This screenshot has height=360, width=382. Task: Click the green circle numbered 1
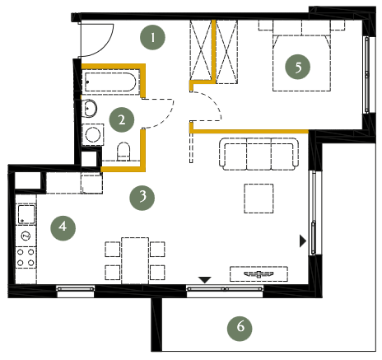click(x=152, y=37)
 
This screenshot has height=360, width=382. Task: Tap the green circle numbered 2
click(x=122, y=119)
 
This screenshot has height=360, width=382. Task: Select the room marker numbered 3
click(x=142, y=198)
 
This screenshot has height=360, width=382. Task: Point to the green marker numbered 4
click(x=63, y=228)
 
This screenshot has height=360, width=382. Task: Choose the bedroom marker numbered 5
click(x=298, y=67)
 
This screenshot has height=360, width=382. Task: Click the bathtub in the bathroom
click(x=110, y=82)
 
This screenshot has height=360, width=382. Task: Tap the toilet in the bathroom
click(x=123, y=152)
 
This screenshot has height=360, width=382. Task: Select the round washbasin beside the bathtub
click(x=89, y=108)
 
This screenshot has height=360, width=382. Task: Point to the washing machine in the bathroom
click(x=93, y=134)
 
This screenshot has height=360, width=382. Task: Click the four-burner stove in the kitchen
click(x=26, y=258)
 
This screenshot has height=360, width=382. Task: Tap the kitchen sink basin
click(x=26, y=214)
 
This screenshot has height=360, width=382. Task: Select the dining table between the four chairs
click(x=135, y=260)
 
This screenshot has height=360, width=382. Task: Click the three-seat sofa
click(x=259, y=154)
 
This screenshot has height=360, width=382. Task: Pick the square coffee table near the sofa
click(x=259, y=199)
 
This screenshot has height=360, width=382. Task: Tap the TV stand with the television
click(x=259, y=274)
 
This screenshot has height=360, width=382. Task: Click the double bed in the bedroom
click(x=301, y=62)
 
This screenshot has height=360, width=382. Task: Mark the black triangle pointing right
click(x=303, y=241)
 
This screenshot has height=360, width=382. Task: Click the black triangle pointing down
click(x=205, y=280)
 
